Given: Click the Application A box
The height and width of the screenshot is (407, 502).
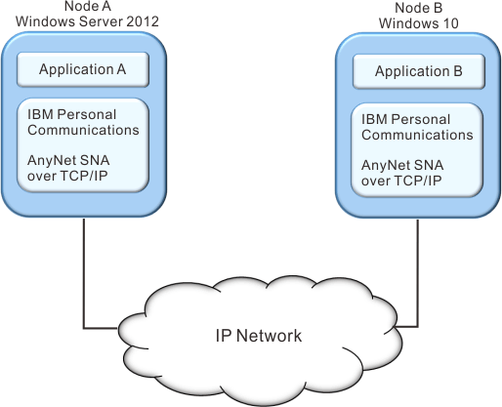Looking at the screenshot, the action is [83, 69].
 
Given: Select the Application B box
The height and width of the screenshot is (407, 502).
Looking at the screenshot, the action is [419, 71].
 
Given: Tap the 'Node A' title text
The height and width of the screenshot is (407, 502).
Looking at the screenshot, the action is [88, 6].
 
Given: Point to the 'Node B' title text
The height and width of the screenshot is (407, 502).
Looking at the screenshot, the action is [419, 8].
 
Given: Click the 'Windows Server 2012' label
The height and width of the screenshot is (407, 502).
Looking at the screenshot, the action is [87, 21].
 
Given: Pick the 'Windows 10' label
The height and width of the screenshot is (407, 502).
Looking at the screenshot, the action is [419, 23].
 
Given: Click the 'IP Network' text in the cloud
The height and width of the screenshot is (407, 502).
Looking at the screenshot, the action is [259, 336].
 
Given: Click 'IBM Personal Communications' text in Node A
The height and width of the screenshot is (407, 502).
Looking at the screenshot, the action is [83, 122].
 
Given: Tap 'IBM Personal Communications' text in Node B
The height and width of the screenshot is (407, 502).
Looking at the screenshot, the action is [417, 127].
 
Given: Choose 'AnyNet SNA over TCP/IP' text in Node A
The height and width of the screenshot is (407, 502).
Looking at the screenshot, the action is [68, 168].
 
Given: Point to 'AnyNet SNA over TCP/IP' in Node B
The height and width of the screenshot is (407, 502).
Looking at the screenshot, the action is [402, 173].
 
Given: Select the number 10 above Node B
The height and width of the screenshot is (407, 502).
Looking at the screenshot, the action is [450, 23].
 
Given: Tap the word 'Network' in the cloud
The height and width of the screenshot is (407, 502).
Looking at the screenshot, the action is [270, 336].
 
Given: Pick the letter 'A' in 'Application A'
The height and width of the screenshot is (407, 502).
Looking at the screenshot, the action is [121, 69].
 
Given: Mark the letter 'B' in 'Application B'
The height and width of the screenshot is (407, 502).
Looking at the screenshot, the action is [458, 71].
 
